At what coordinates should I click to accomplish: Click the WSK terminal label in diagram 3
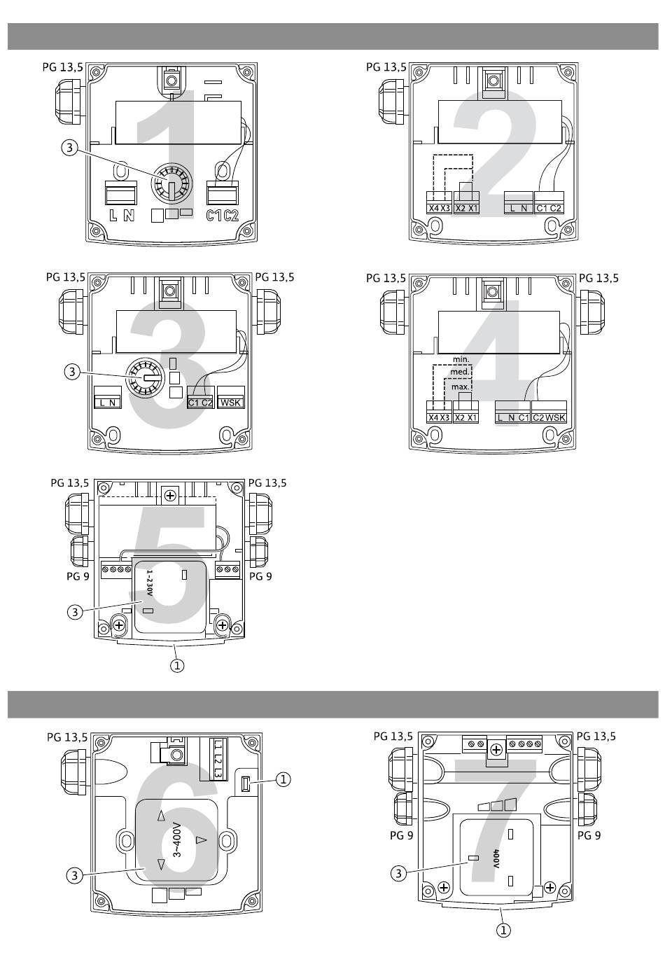(230, 403)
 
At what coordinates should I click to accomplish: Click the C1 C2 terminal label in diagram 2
(549, 208)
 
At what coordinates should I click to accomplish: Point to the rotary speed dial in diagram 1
(171, 183)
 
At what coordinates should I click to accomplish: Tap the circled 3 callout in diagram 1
(69, 148)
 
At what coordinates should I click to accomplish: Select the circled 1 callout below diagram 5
(177, 666)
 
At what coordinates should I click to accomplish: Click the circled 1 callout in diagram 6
(283, 779)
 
